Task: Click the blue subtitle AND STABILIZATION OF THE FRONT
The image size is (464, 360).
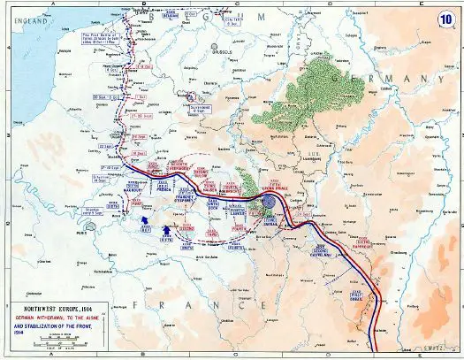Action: point(59,326)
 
